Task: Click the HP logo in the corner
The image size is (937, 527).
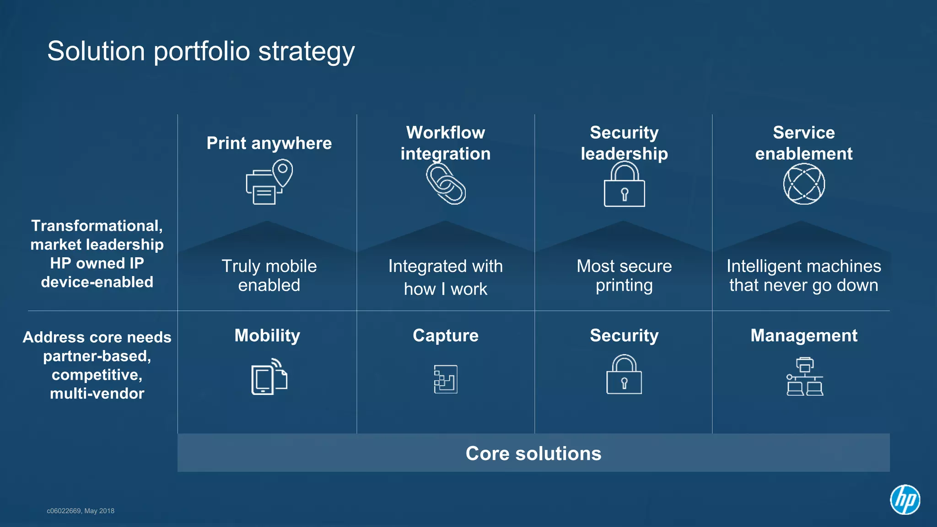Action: [905, 499]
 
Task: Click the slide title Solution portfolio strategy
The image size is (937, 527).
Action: [201, 51]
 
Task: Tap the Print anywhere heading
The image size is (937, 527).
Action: [269, 143]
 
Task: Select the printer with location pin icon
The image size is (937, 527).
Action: [269, 182]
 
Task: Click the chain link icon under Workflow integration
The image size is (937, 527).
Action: [446, 184]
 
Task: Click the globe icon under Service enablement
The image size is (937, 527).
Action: [804, 184]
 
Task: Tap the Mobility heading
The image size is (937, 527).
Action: [267, 335]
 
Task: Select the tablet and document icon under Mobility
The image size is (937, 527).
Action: [269, 377]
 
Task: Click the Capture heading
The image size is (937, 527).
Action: [446, 335]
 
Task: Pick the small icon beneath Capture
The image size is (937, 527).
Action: [446, 379]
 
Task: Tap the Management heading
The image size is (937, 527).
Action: [804, 335]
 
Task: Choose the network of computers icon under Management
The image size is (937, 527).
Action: [805, 377]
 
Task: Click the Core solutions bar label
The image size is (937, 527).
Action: [533, 453]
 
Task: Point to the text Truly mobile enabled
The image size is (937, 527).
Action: [269, 276]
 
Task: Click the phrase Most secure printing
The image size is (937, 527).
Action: [624, 276]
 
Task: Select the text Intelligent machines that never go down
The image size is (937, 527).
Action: [804, 276]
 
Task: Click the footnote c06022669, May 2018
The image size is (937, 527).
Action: [81, 511]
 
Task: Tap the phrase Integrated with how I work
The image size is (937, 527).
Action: [446, 277]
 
